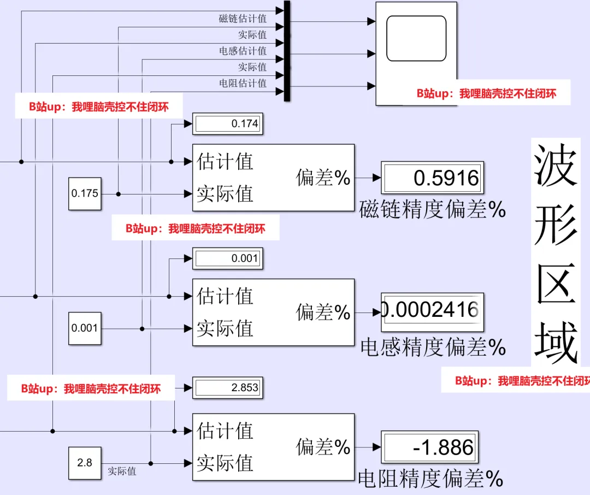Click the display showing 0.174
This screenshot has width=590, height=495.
pyautogui.click(x=227, y=124)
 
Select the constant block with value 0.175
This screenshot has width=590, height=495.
pyautogui.click(x=85, y=194)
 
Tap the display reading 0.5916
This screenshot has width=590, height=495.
pyautogui.click(x=432, y=178)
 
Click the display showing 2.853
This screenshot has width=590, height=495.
pyautogui.click(x=227, y=388)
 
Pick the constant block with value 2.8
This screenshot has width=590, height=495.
pyautogui.click(x=85, y=463)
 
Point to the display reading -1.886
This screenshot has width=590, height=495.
pyautogui.click(x=429, y=448)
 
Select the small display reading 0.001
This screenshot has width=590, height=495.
pyautogui.click(x=227, y=258)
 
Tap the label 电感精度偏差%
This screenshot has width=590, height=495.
pyautogui.click(x=433, y=347)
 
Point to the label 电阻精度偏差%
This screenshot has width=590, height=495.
pyautogui.click(x=430, y=480)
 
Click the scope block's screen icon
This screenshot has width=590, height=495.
pyautogui.click(x=416, y=38)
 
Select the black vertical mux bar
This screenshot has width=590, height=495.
pyautogui.click(x=287, y=51)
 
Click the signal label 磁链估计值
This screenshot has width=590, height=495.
pyautogui.click(x=243, y=19)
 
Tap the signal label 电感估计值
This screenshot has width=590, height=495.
pyautogui.click(x=243, y=51)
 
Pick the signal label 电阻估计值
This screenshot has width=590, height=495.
pyautogui.click(x=243, y=83)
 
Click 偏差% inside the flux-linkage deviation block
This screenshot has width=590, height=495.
pyautogui.click(x=323, y=178)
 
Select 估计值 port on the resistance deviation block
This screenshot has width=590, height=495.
pyautogui.click(x=225, y=431)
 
